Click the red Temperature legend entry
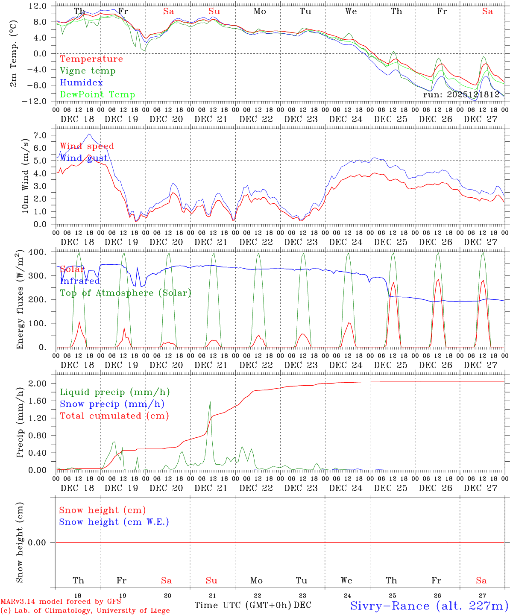pos(91,59)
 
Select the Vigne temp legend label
pos(88,71)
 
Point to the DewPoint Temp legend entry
pos(97,95)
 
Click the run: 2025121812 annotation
pos(461,95)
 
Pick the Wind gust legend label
pos(84,158)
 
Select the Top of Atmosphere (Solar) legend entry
pos(125,293)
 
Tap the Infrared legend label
pos(79,281)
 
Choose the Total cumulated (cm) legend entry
pos(114,416)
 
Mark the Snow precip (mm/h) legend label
pos(112,404)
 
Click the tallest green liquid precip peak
pos(210,402)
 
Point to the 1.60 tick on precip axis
pos(38,401)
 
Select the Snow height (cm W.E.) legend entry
pos(114,522)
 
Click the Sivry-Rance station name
pos(428,606)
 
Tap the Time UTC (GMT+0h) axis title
pos(243,605)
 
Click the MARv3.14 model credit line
pos(60,601)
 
